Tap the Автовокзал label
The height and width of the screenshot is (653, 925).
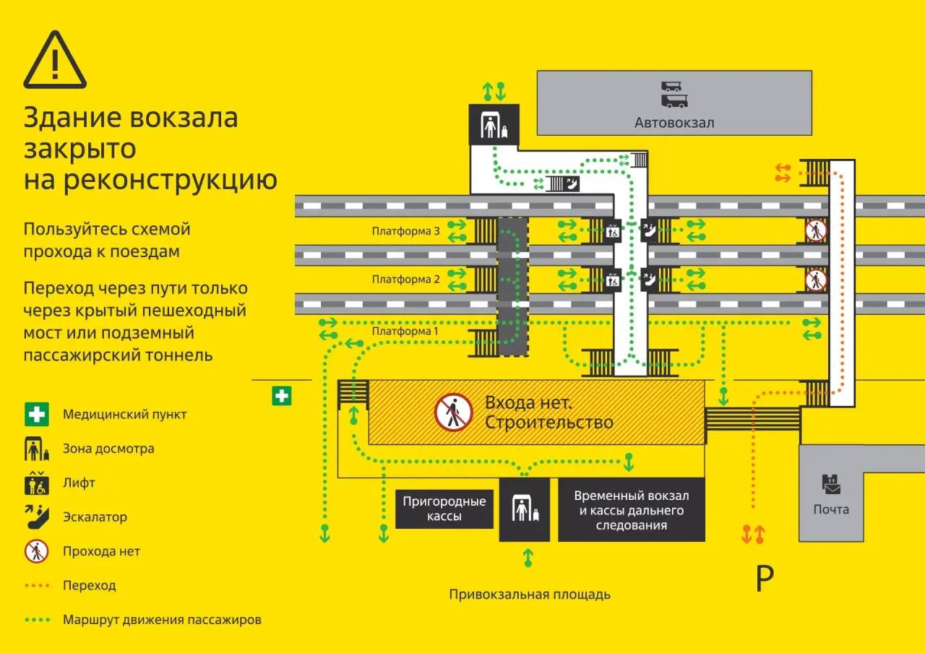[x=674, y=123]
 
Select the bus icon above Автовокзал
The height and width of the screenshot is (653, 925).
[x=674, y=95]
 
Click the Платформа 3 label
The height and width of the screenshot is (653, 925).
[x=405, y=230]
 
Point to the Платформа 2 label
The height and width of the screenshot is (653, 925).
[x=405, y=279]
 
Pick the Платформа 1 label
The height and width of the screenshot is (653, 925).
[x=405, y=331]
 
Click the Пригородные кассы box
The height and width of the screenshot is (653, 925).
[x=444, y=509]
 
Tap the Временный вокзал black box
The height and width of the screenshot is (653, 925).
[x=632, y=510]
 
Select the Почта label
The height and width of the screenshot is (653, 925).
[x=831, y=509]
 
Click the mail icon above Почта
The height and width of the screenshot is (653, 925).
[x=831, y=484]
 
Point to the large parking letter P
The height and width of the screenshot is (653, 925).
[x=765, y=578]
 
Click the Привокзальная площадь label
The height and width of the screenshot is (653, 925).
[x=530, y=594]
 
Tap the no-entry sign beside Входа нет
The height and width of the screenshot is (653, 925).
[x=453, y=412]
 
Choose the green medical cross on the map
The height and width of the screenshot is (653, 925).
[x=282, y=396]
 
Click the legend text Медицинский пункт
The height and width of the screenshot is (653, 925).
[x=125, y=414]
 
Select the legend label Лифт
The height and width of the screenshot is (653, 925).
[x=79, y=483]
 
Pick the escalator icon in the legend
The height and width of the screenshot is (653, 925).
[x=37, y=516]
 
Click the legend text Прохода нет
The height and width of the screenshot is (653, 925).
[x=102, y=551]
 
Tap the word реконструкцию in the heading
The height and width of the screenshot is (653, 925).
[x=171, y=181]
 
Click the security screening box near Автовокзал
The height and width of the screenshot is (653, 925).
[x=494, y=125]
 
